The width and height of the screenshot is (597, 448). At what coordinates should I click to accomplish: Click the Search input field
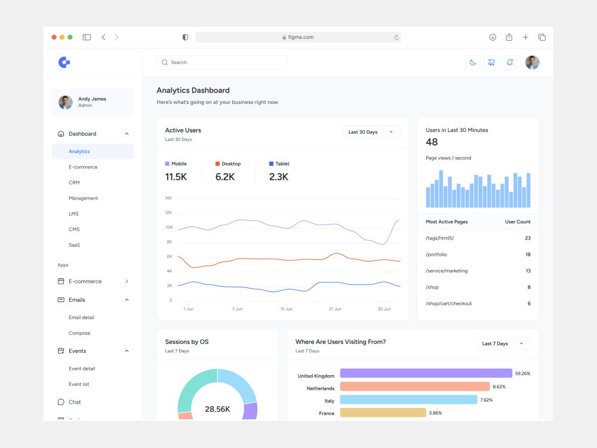pyautogui.click(x=222, y=63)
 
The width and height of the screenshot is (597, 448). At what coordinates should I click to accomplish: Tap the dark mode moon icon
pyautogui.click(x=473, y=63)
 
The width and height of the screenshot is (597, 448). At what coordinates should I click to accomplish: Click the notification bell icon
pyautogui.click(x=510, y=63)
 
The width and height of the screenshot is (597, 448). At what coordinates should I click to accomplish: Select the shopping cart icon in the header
pyautogui.click(x=491, y=63)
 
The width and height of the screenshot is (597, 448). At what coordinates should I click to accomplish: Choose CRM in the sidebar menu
pyautogui.click(x=74, y=182)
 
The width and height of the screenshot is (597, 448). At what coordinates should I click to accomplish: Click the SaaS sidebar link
pyautogui.click(x=74, y=245)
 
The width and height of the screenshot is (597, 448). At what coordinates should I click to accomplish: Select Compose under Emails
pyautogui.click(x=79, y=333)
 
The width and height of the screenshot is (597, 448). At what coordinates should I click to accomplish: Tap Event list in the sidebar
pyautogui.click(x=79, y=384)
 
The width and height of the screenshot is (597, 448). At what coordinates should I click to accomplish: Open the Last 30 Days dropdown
pyautogui.click(x=371, y=132)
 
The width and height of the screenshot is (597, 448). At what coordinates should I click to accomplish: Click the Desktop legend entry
pyautogui.click(x=228, y=164)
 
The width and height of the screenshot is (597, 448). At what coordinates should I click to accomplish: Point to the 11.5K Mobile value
pyautogui.click(x=176, y=177)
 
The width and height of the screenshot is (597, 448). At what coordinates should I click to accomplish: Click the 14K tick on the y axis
pyautogui.click(x=168, y=198)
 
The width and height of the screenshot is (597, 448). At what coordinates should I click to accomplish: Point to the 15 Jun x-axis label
pyautogui.click(x=287, y=309)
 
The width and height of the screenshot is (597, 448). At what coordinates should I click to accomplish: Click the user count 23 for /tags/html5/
pyautogui.click(x=528, y=238)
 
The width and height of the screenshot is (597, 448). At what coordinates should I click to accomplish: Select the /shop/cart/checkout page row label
pyautogui.click(x=449, y=303)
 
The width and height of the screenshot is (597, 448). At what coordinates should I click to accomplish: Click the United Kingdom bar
pyautogui.click(x=426, y=373)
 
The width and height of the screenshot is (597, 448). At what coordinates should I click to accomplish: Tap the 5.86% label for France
pyautogui.click(x=436, y=413)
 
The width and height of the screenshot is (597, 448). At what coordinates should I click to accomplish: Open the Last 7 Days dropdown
pyautogui.click(x=503, y=343)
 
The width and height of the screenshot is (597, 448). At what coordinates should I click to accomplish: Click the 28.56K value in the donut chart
pyautogui.click(x=217, y=409)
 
